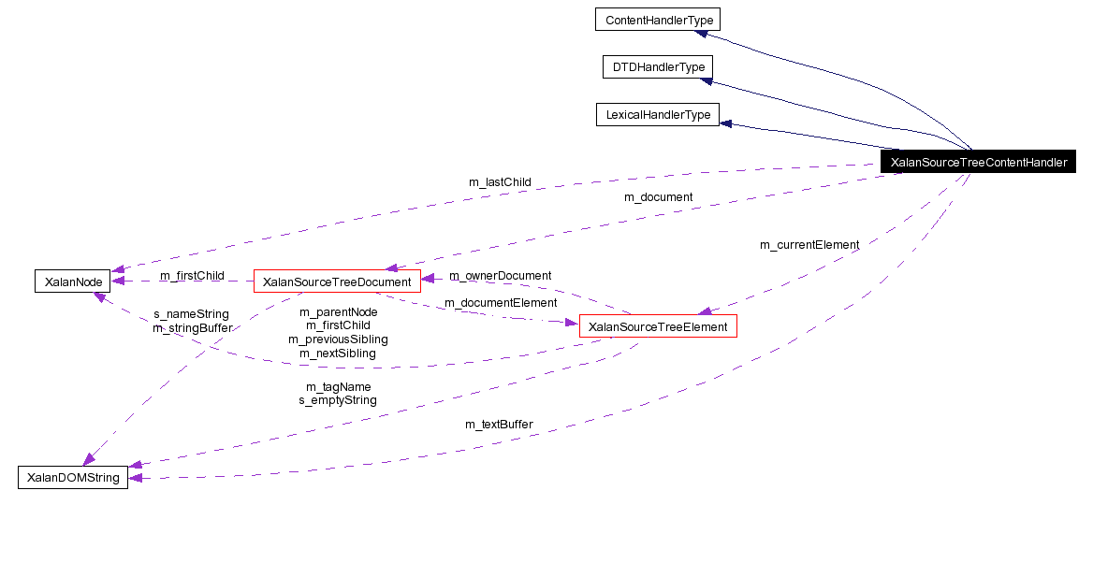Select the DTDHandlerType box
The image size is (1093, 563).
pos(658,67)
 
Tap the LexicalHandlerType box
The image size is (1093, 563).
pos(657,115)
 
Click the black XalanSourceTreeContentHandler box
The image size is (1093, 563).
pos(978,162)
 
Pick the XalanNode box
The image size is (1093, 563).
pos(66,281)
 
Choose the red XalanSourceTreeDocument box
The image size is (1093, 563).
pos(337,281)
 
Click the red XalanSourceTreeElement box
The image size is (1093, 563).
pos(659,326)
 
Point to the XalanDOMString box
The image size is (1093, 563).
pos(73,478)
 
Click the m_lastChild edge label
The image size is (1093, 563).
pos(500,181)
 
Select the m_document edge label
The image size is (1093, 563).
pos(658,197)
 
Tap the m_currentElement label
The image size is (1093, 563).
pos(809,245)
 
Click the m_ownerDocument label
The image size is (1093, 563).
pos(500,276)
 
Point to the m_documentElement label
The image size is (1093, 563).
pos(500,303)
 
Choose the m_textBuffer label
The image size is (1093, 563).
pos(499,425)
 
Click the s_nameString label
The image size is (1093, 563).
pos(191,314)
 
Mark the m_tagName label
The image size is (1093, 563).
pos(338,386)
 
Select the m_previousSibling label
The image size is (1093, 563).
pos(338,339)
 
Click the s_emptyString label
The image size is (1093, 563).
pos(338,400)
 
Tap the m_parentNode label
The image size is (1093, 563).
pos(338,311)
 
